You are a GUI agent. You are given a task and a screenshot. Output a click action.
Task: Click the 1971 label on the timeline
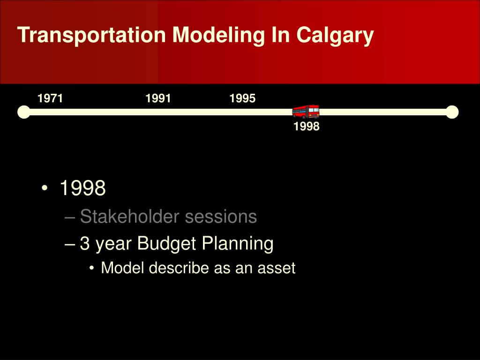point(50,98)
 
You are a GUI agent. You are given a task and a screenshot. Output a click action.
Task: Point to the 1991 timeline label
point(158,98)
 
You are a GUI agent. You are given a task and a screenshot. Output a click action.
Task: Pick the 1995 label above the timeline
point(242,98)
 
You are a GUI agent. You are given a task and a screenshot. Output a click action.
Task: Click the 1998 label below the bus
point(307,127)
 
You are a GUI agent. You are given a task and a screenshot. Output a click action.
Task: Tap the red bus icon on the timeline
point(306,112)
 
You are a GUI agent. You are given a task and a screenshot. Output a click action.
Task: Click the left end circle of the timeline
point(23,112)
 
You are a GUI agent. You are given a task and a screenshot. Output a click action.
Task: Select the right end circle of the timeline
point(452,112)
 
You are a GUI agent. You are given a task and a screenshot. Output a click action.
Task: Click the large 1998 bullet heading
point(82,188)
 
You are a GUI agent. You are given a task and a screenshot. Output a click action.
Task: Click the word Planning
point(238,244)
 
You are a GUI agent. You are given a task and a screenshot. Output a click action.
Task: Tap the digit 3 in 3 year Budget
point(85,244)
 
